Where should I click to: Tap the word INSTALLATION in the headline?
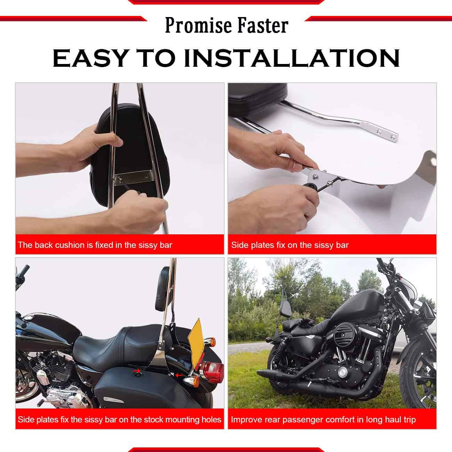pos(292,58)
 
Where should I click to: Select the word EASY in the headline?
pos(90,58)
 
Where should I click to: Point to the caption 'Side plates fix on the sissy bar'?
pos(290,245)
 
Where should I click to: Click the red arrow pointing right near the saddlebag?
pos(136,371)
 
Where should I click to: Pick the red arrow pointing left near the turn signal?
pos(180,376)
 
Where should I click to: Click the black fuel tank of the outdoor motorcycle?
pos(356,305)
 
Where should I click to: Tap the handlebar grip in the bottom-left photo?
pos(24,270)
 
